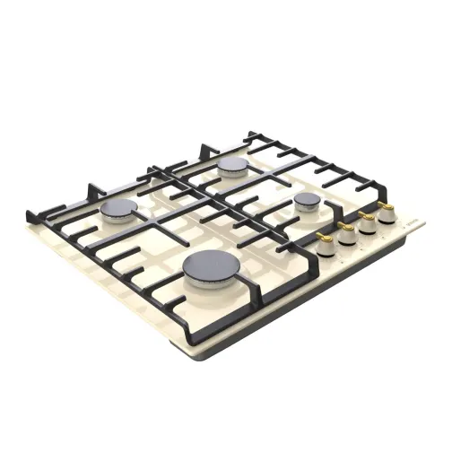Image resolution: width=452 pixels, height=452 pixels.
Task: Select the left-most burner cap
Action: [117, 210]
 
